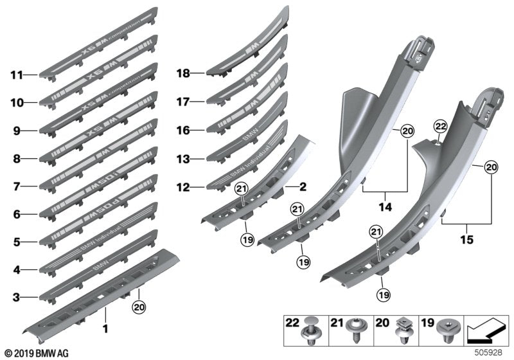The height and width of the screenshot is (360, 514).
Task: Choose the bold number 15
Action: point(467,239)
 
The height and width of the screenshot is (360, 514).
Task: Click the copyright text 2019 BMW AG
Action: point(37,352)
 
